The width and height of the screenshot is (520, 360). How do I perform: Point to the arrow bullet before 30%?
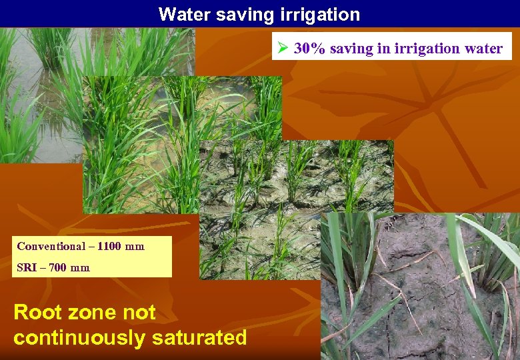point(283,49)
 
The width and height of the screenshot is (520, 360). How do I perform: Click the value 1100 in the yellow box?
point(109,247)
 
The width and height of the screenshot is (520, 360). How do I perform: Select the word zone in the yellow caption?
point(93,312)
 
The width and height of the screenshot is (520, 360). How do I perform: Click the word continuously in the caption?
point(79,337)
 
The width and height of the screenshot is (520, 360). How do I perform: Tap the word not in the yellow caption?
point(139,312)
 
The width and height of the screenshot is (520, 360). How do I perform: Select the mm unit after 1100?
point(134,247)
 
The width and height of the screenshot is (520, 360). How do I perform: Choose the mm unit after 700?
point(80,268)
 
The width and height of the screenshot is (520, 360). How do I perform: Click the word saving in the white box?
point(351,49)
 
